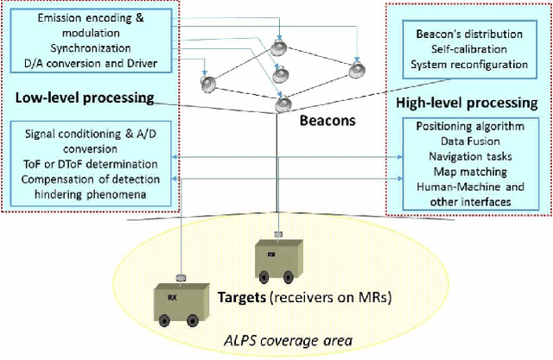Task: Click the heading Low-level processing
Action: point(85,98)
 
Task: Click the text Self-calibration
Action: point(467,47)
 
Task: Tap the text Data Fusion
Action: point(468,142)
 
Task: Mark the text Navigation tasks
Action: point(468,158)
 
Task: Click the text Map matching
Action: point(468,173)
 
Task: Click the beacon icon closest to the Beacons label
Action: point(283,104)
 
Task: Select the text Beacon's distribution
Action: point(467,33)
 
